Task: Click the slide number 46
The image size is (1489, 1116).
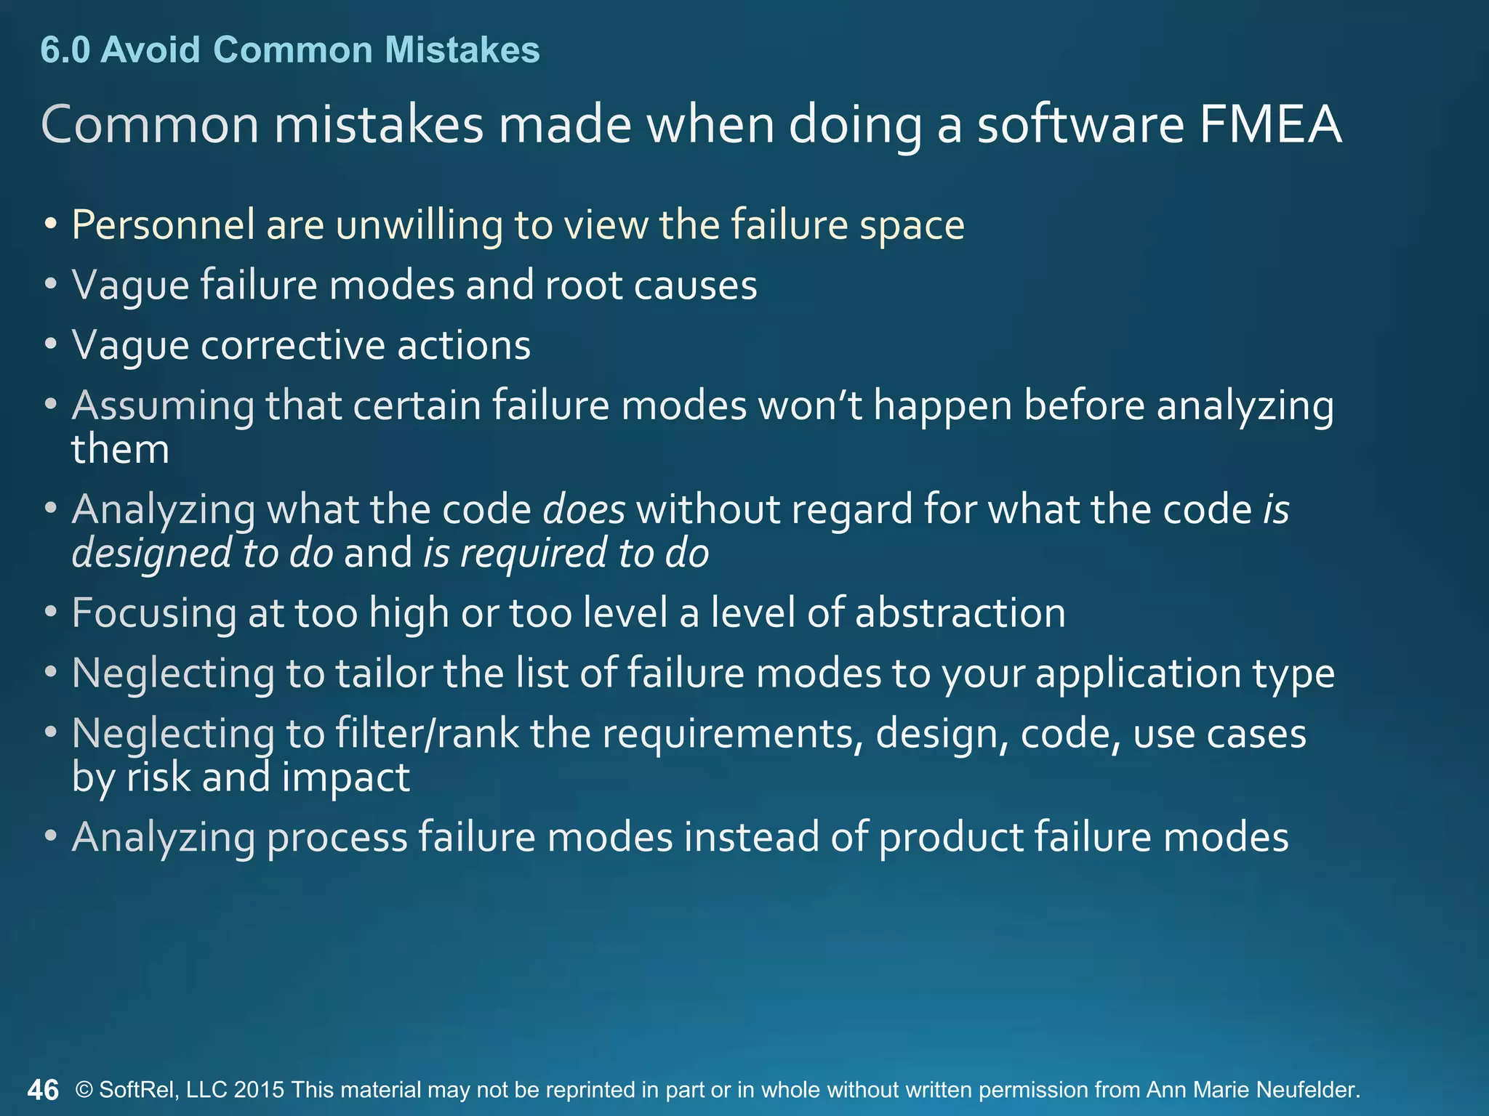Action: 43,1090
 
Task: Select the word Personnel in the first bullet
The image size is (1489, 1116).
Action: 163,225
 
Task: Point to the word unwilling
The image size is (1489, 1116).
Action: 419,225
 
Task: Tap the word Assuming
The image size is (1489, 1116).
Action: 163,406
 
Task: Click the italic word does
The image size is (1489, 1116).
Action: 584,509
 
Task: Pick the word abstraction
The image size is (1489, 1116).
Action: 960,613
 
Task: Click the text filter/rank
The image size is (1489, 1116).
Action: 427,734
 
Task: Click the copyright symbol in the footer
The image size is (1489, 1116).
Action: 84,1090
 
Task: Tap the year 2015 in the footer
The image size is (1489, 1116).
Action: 259,1090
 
